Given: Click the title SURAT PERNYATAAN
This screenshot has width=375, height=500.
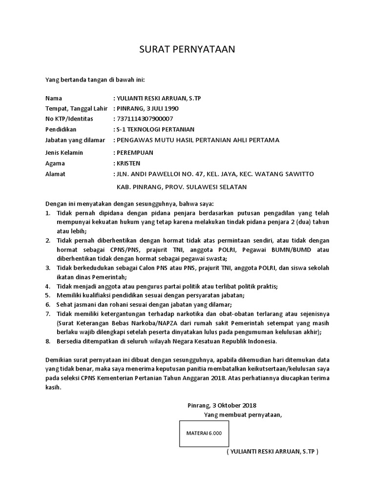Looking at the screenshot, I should point(187,49).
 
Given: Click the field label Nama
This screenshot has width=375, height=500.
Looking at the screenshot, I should point(53,98).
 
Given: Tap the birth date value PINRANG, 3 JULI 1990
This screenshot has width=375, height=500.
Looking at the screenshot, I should point(151,108).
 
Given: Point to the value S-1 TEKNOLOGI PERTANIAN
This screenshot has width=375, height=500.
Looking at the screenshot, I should point(155,129).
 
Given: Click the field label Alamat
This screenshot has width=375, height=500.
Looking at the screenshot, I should point(55,174).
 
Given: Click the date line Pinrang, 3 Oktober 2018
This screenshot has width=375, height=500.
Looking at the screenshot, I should point(222,405).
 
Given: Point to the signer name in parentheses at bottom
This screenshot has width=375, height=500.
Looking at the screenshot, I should point(272,452).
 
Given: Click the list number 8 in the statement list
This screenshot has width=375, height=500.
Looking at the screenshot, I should point(47,341).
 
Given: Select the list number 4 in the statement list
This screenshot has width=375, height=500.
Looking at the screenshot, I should point(47,286).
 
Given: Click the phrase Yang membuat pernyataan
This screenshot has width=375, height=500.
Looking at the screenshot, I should point(243,415).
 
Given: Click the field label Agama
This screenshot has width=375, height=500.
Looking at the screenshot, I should point(55,164).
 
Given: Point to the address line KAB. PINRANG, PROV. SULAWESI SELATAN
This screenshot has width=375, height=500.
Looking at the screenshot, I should point(182,187).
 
